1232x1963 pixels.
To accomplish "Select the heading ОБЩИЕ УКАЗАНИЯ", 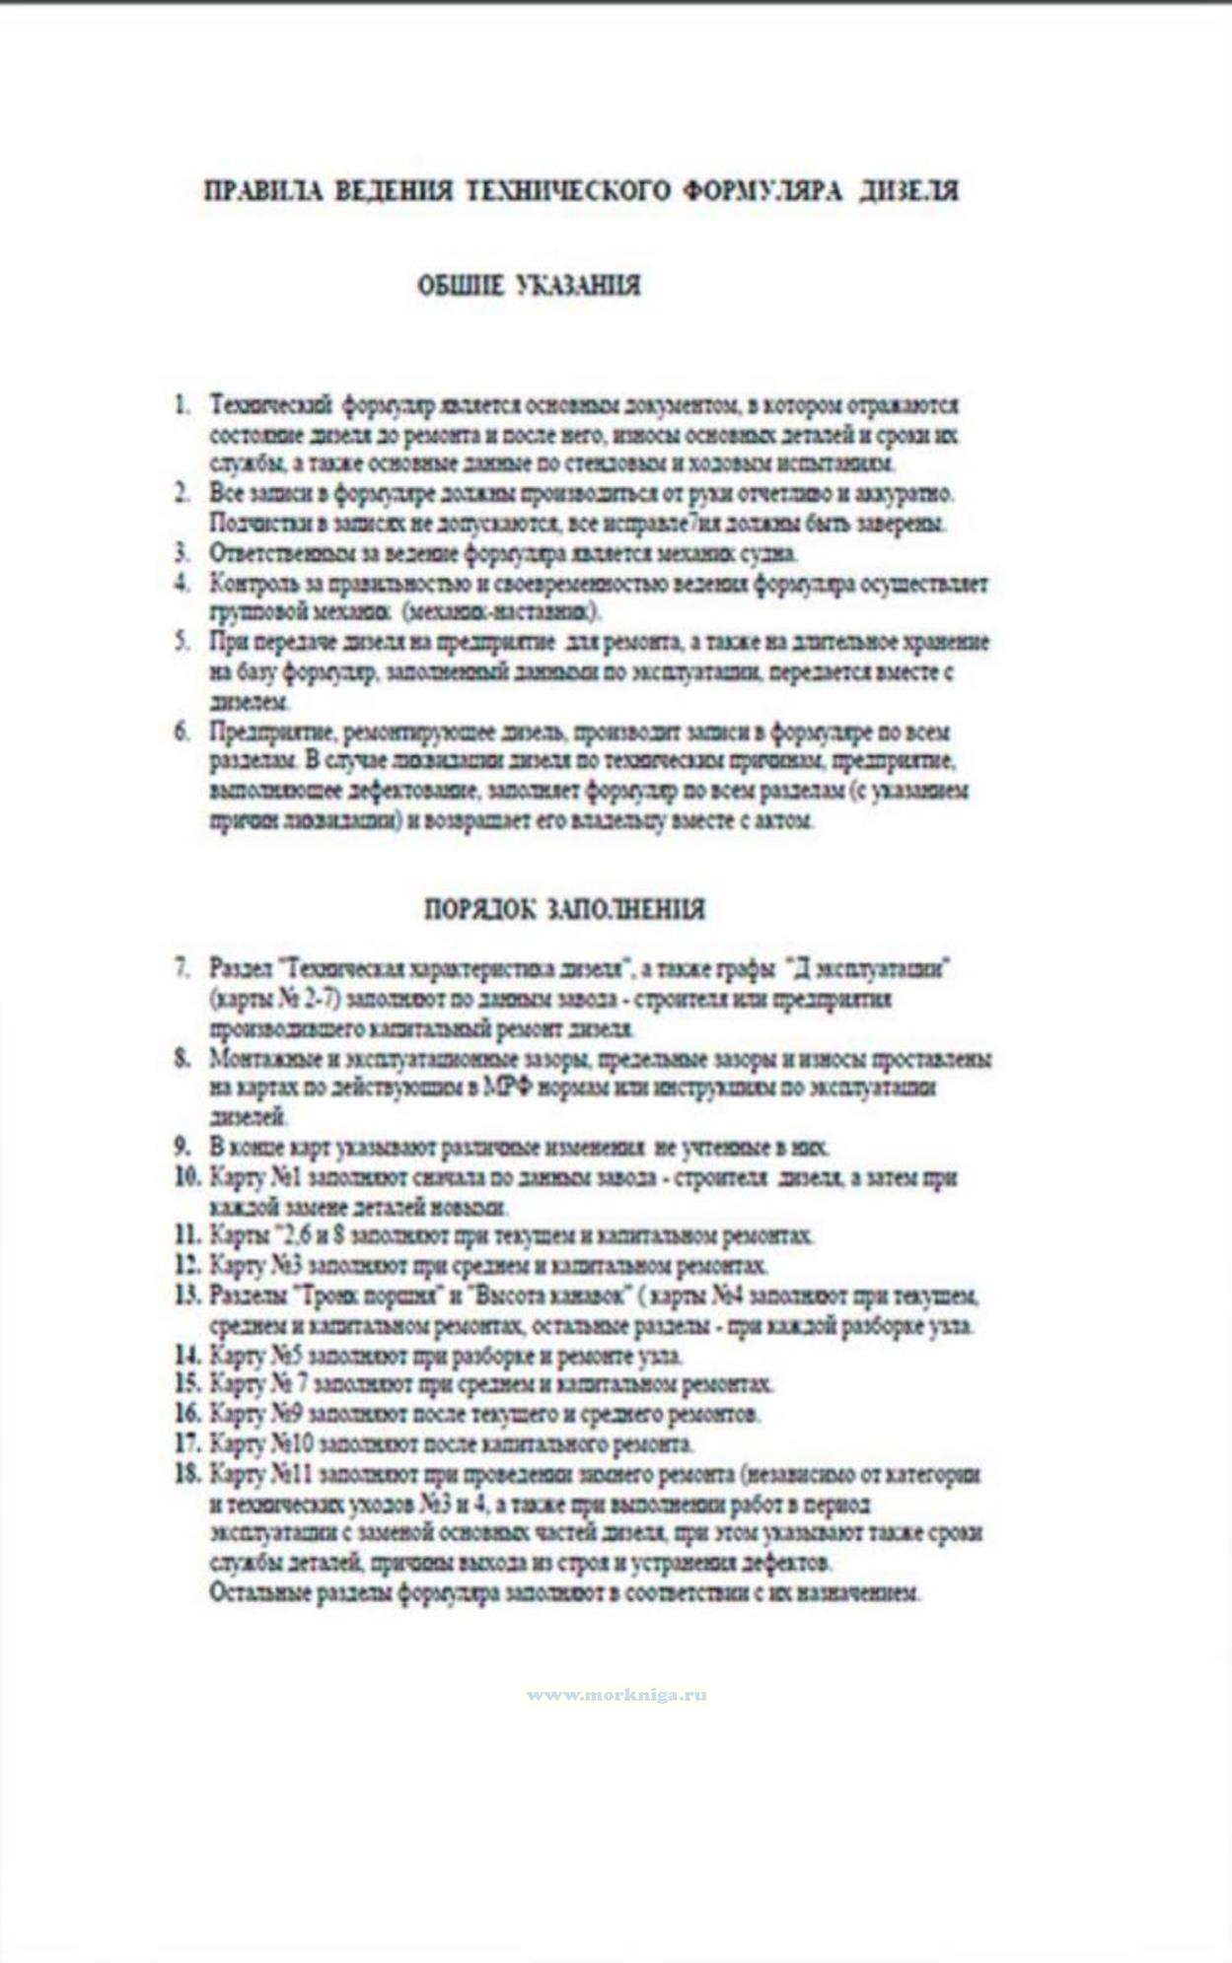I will coord(529,286).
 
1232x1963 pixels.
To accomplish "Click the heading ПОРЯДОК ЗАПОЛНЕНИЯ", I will coord(564,909).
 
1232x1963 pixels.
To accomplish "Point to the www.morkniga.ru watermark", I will coord(616,1696).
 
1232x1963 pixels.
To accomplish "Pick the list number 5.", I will coord(181,643).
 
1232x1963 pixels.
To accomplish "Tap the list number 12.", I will coord(187,1265).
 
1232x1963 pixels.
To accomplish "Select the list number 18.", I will coord(187,1475).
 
